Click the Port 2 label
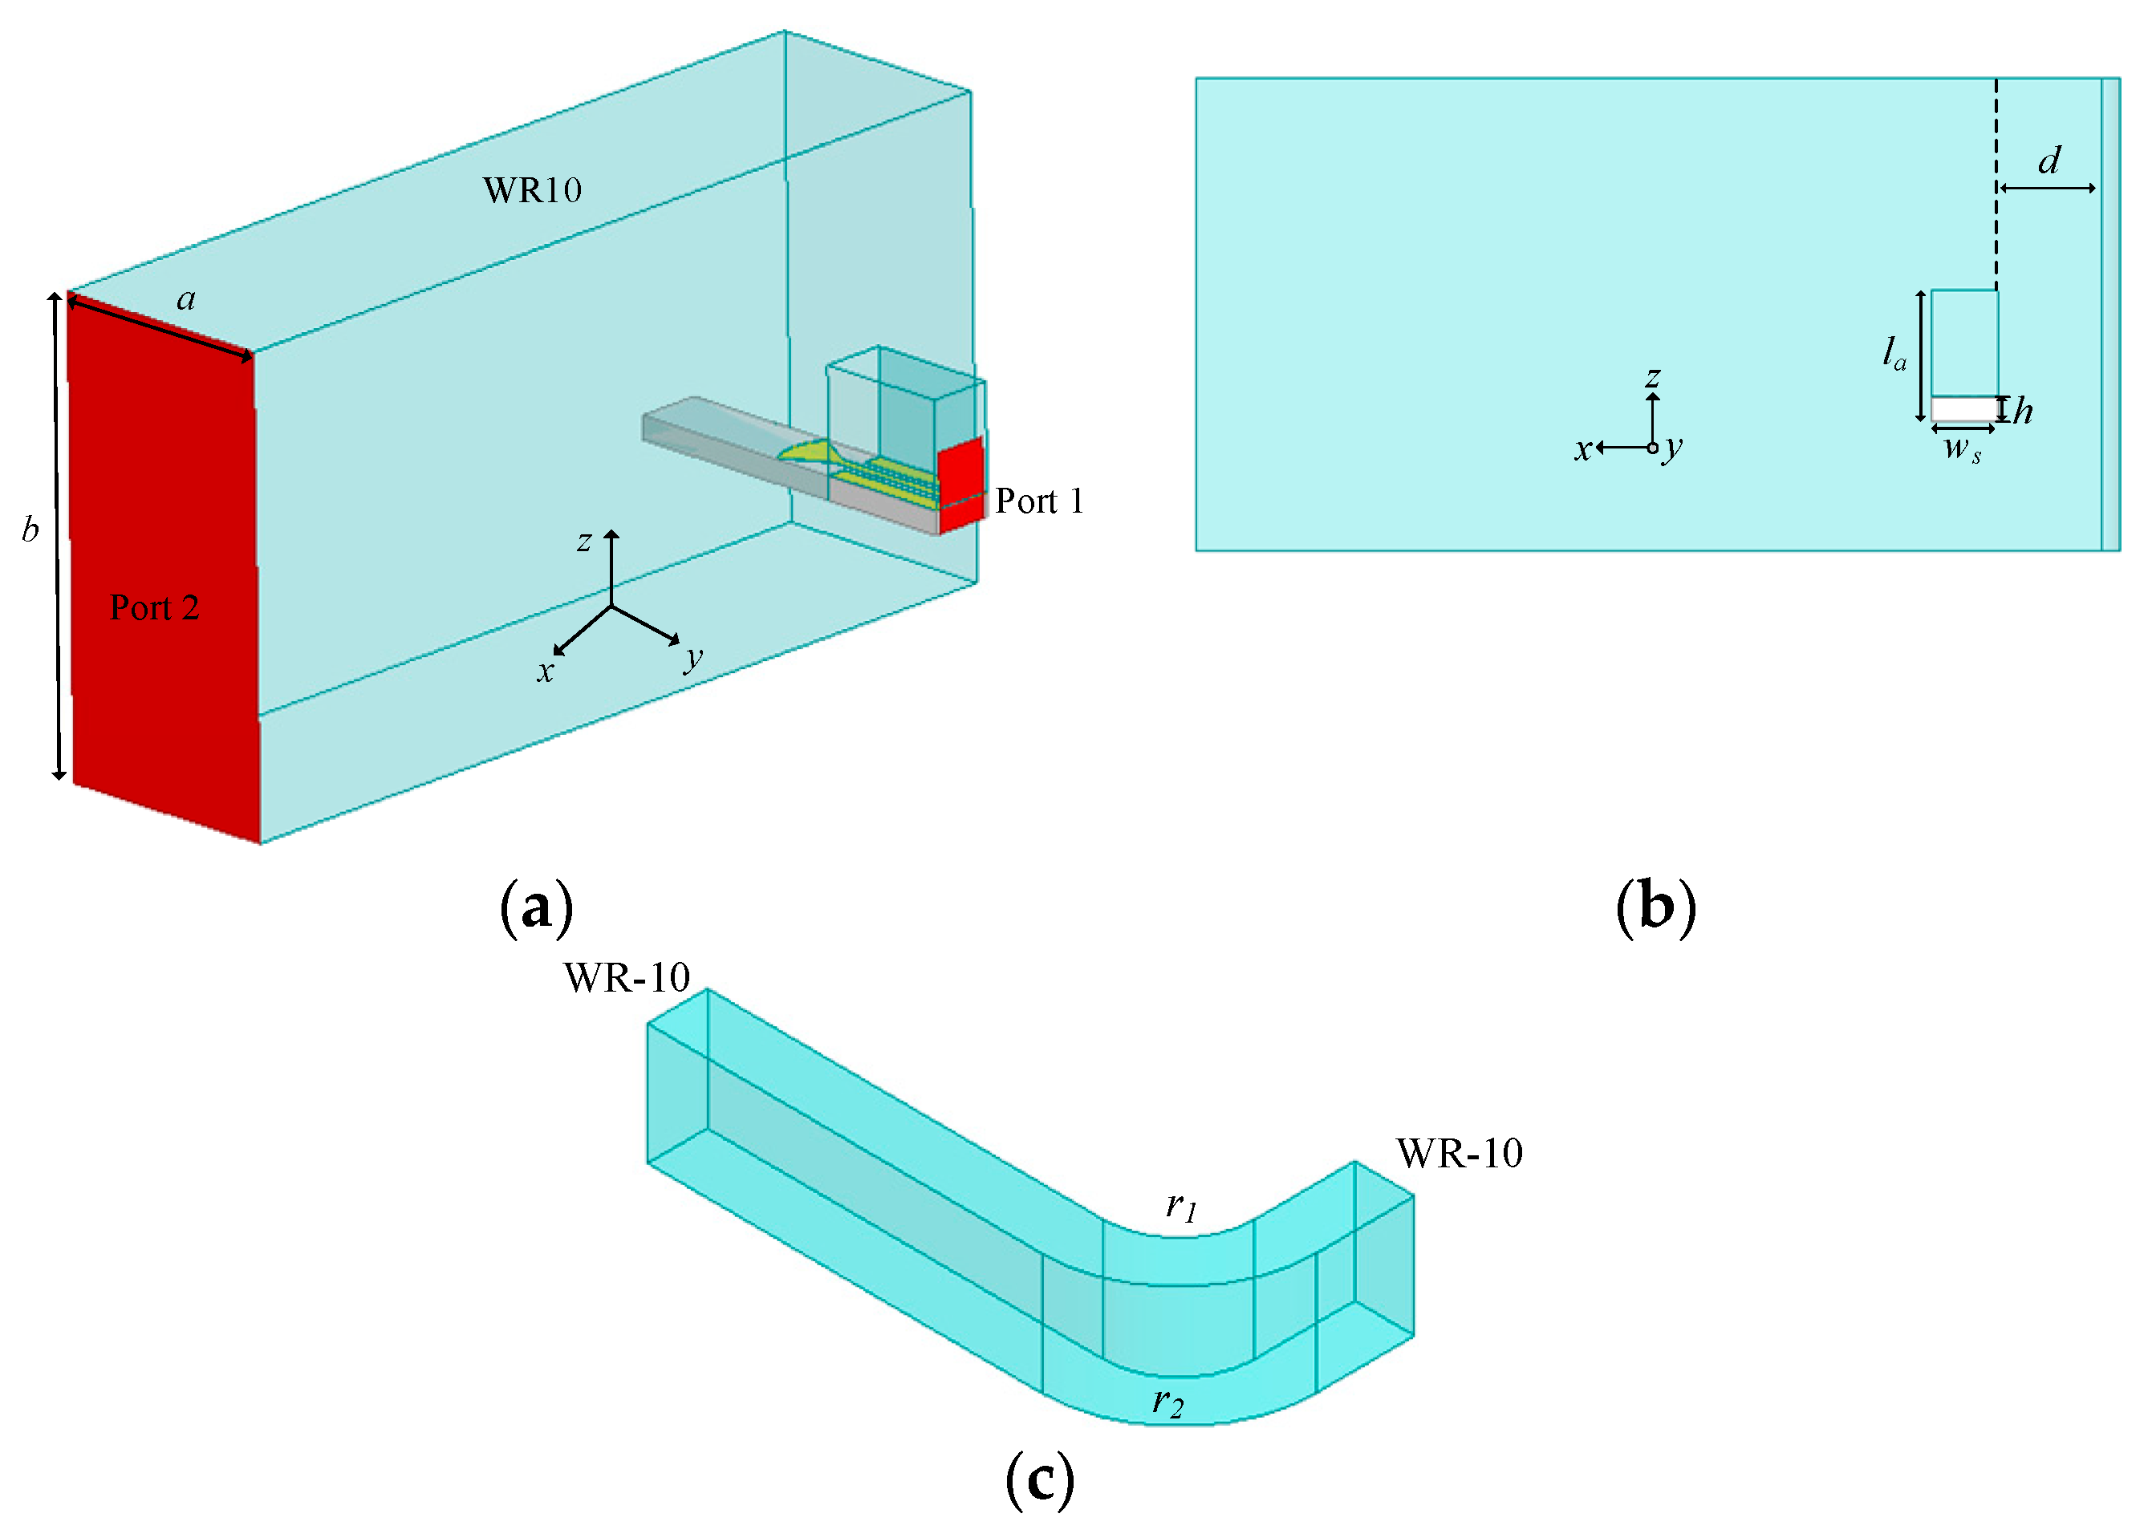click(154, 607)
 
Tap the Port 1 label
click(1039, 501)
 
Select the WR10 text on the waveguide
click(532, 190)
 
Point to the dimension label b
click(30, 529)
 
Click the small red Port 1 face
click(961, 483)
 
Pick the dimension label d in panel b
click(2049, 161)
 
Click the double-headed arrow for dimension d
click(2047, 189)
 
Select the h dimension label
click(2024, 411)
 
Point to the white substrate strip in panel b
click(1963, 409)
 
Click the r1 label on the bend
click(1181, 1206)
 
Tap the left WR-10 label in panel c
click(627, 978)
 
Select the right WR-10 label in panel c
click(1460, 1154)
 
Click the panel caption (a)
click(536, 907)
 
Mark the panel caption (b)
click(1655, 907)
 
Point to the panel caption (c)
click(1040, 1479)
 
